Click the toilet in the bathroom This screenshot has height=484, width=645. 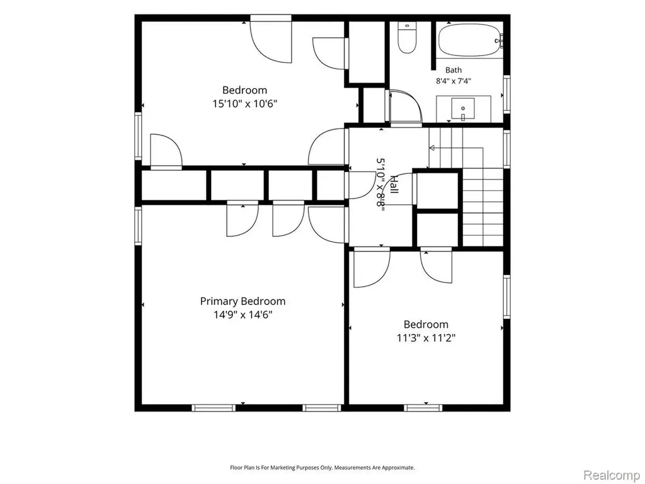tap(407, 37)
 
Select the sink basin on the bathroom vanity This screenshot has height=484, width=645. tap(463, 108)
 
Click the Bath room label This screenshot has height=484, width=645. tap(454, 71)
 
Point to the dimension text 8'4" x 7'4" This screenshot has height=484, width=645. tap(454, 81)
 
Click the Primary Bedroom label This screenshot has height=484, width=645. tap(243, 301)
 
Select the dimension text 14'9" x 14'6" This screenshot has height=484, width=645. tap(243, 315)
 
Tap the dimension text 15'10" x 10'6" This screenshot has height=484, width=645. tap(245, 104)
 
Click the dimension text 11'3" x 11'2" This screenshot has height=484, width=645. tap(426, 338)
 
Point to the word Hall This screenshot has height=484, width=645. tap(394, 185)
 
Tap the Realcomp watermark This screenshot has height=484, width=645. tap(612, 475)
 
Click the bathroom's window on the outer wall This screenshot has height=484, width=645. tap(507, 95)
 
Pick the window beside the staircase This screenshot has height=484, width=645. tap(507, 149)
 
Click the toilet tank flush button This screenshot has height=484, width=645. tap(407, 25)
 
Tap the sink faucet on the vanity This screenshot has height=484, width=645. tap(463, 117)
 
